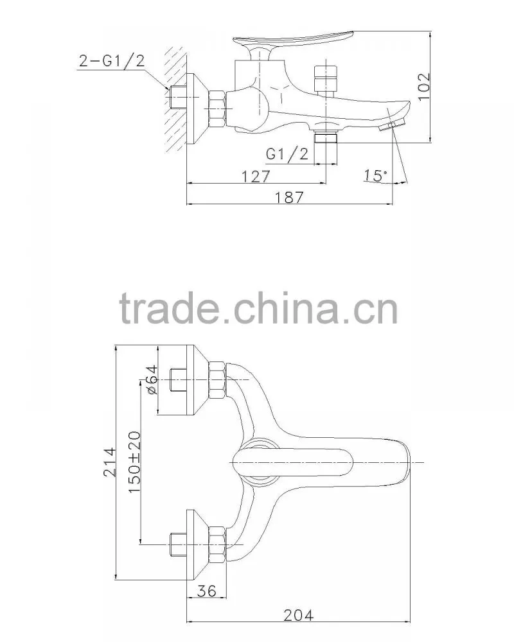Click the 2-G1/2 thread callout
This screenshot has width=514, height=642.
coord(112,61)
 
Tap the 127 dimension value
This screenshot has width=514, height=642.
coord(256,177)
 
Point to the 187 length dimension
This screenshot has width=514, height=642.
coord(289,197)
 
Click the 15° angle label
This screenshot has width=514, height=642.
coord(375,176)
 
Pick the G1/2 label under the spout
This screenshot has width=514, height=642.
coord(287,154)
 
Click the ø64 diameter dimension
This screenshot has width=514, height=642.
coord(151,379)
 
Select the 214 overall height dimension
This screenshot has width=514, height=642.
coord(109,462)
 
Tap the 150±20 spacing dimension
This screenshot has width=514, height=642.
coord(134,462)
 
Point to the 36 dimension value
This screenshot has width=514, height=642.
coord(207,591)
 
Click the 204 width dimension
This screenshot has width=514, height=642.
coord(298,615)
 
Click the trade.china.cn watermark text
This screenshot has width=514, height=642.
coord(259,308)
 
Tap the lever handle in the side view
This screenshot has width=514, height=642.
coord(293,39)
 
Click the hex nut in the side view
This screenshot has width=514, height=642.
coord(216,108)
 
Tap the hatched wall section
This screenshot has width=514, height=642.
coord(176,101)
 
